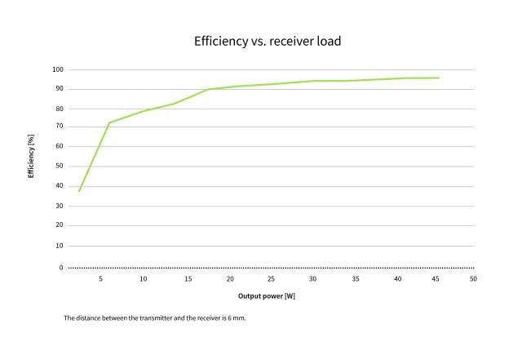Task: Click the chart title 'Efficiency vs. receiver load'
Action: tap(268, 42)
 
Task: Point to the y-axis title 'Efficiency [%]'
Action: tap(31, 156)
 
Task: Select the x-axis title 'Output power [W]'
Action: tap(267, 296)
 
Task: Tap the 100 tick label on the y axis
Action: tap(58, 69)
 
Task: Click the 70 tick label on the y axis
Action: tap(60, 126)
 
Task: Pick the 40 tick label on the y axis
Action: tap(60, 185)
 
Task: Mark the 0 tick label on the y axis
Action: tap(61, 268)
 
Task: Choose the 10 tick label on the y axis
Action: tap(60, 246)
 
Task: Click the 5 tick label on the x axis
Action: tap(100, 278)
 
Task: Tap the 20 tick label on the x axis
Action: tap(230, 278)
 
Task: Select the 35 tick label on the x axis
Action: tap(356, 278)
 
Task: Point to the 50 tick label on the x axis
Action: tap(473, 278)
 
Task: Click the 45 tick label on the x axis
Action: tap(436, 278)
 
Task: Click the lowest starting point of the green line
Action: tap(79, 191)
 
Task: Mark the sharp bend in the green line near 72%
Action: tap(109, 122)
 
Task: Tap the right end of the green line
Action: tap(439, 78)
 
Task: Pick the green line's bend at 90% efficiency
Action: tap(209, 89)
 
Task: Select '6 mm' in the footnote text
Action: tap(237, 318)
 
